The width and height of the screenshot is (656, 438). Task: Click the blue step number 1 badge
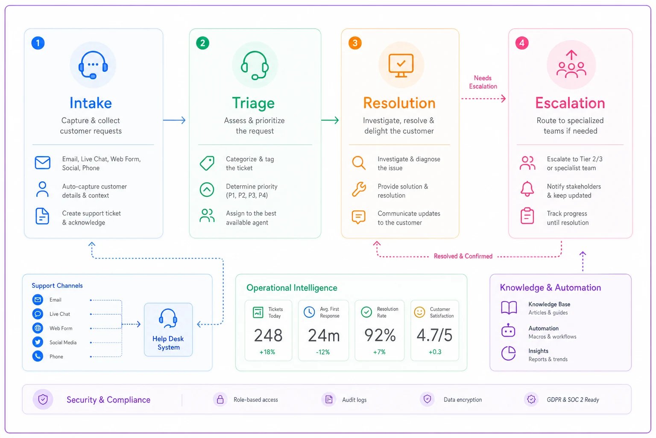[38, 43]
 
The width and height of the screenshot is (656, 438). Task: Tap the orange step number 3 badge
[355, 43]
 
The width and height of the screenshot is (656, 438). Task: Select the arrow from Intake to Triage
[174, 120]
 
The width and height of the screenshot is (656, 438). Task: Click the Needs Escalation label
[483, 82]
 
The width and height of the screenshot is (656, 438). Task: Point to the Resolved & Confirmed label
[463, 256]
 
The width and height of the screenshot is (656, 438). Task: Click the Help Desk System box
[168, 329]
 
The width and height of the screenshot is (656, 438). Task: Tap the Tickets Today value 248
[268, 335]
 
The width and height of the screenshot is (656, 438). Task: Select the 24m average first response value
[324, 335]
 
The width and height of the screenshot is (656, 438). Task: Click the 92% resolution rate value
[380, 335]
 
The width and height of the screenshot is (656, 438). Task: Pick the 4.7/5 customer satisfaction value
[435, 335]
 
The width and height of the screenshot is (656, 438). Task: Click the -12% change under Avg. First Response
[323, 352]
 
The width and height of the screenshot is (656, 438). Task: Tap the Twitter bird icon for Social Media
[38, 342]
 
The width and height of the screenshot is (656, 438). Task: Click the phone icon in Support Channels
[38, 356]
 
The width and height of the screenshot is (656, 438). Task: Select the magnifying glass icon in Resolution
[358, 163]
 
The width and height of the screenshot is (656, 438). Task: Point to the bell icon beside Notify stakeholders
[527, 189]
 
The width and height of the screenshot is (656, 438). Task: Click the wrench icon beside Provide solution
[359, 189]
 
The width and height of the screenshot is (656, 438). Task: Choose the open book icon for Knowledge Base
[509, 308]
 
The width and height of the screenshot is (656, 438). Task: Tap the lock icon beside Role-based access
[220, 399]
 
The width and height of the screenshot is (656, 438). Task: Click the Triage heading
[253, 103]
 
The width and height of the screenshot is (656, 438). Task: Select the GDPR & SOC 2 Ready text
[573, 400]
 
